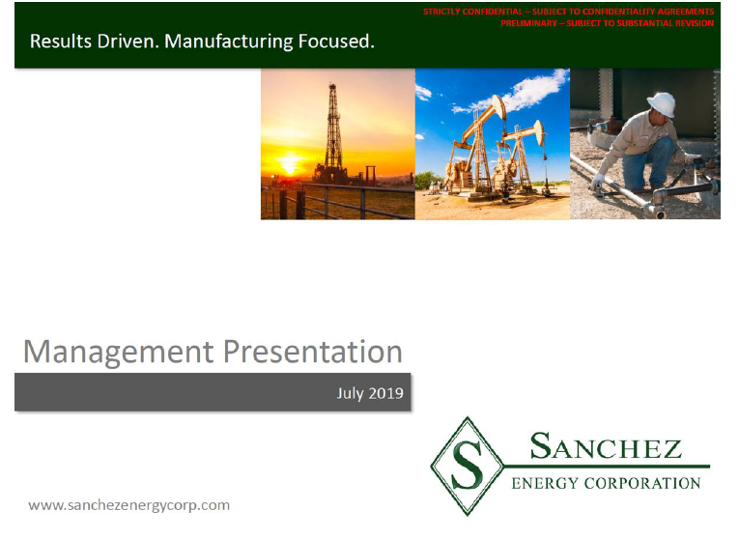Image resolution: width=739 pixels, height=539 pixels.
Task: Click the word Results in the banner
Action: tap(61, 42)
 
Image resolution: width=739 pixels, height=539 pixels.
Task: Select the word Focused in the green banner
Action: tap(336, 42)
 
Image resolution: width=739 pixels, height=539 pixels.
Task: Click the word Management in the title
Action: tap(118, 353)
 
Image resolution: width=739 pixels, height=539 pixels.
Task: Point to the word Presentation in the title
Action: tap(313, 352)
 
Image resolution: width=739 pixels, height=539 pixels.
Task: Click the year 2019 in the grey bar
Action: tap(386, 393)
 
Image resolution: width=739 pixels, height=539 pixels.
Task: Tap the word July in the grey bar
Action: tap(350, 394)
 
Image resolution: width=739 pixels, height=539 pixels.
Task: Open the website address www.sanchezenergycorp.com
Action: tap(129, 505)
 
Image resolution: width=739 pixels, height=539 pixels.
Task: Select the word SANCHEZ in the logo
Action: tap(606, 445)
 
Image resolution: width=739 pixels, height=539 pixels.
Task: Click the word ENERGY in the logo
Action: tap(545, 483)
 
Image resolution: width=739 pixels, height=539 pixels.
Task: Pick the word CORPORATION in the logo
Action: tap(642, 483)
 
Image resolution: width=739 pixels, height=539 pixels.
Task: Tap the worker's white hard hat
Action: tap(662, 104)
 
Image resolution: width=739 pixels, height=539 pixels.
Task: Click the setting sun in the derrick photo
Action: tap(289, 165)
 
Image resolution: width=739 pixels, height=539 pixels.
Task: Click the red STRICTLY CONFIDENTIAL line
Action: tap(568, 12)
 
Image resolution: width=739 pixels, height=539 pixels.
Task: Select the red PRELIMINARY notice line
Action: tap(607, 23)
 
